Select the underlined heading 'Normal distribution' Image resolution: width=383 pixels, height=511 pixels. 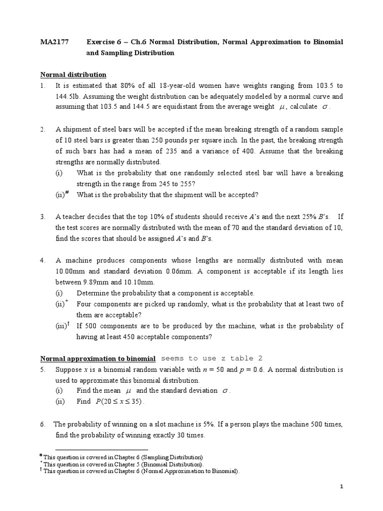73,75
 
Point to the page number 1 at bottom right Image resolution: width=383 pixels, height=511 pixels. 342,487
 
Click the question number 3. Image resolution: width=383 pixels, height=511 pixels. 43,217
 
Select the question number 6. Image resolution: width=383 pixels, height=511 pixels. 43,424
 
